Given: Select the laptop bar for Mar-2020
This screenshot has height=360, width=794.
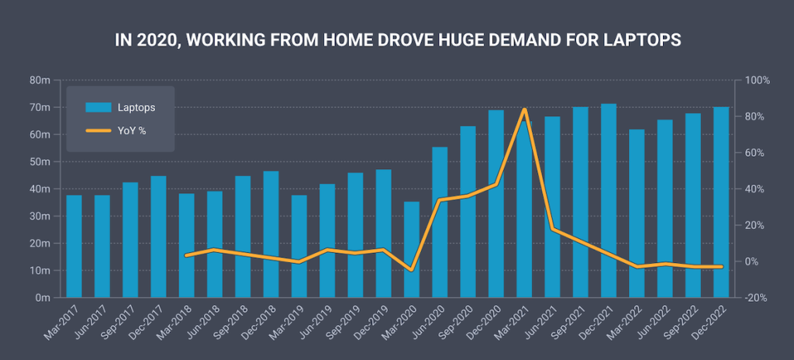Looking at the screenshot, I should [412, 249].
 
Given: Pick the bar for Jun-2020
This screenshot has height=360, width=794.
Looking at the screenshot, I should [440, 222].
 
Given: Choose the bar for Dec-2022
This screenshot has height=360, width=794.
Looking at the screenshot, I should [721, 202].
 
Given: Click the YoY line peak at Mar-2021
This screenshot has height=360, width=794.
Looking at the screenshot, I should [525, 109].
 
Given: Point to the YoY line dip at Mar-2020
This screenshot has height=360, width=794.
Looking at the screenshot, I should [412, 270].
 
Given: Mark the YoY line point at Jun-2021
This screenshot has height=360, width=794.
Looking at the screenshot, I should [552, 229].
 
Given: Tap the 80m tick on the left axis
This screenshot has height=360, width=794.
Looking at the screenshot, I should [41, 81].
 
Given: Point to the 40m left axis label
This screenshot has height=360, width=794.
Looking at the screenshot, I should [41, 189].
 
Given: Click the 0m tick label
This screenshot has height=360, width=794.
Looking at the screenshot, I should [43, 298].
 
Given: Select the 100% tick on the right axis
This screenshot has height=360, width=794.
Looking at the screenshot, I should [755, 81].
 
